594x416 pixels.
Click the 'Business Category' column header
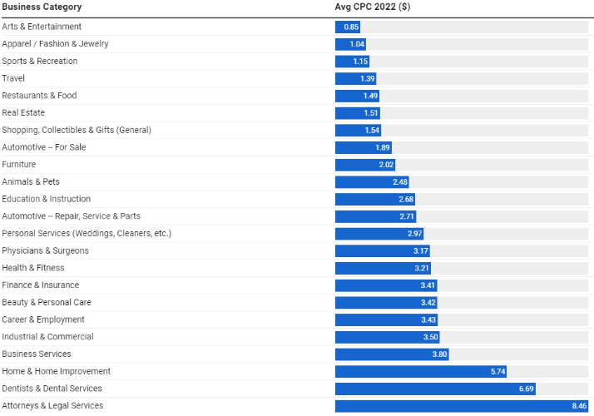42,7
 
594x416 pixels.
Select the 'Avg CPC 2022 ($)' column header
373,7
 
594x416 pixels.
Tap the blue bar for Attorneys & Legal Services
449,406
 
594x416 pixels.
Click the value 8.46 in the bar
579,406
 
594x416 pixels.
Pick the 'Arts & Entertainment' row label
42,27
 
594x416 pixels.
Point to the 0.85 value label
351,27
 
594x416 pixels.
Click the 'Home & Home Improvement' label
56,371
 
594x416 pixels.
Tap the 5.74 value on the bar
497,371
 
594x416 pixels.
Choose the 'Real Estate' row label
23,112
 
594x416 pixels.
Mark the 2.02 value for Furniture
386,165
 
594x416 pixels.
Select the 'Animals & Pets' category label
31,181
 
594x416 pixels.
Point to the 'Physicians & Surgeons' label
45,250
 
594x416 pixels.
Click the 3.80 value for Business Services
439,354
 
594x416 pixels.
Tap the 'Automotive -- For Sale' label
43,147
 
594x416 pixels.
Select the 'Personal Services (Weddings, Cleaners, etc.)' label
87,233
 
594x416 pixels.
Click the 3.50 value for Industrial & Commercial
430,337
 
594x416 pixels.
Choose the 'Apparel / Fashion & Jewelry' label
55,43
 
